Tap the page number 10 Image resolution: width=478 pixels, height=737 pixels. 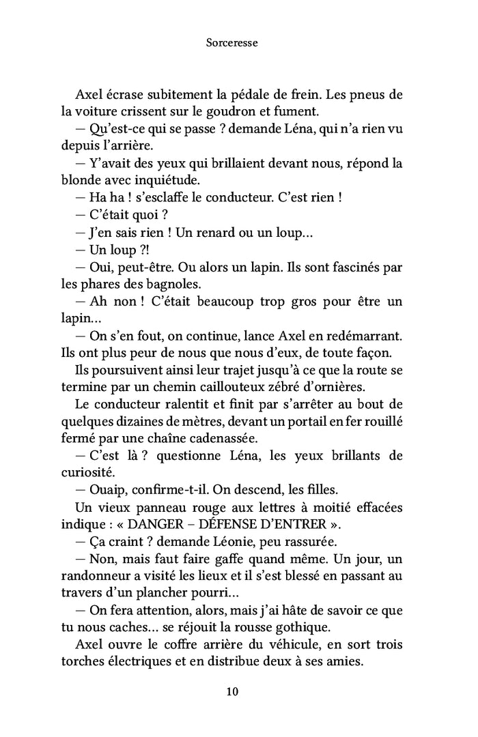click(232, 691)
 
